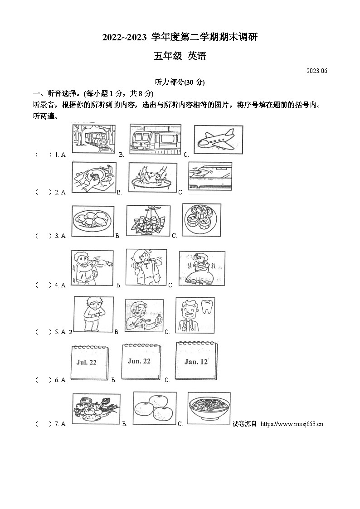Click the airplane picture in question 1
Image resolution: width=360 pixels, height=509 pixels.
coord(218,139)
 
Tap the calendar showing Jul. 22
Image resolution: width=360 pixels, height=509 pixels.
coord(90,363)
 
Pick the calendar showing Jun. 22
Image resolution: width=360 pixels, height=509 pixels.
coord(139,361)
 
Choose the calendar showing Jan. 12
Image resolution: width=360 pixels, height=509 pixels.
coord(196,361)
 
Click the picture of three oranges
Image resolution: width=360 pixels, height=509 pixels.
coord(155,408)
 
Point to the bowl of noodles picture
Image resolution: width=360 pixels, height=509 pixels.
coord(209,408)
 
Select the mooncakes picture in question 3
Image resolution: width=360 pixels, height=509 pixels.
coord(201,219)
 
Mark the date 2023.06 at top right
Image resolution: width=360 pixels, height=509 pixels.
coord(316,71)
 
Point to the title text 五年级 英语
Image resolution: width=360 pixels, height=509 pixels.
coord(180,56)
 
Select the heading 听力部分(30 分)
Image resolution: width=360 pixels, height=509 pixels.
coord(180,82)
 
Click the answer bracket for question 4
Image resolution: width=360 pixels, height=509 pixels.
coord(44,285)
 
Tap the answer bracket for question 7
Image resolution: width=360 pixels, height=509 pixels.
coord(44,424)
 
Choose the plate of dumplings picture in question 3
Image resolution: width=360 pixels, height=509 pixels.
coord(93,221)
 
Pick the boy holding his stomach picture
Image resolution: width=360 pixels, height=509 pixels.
coord(93,314)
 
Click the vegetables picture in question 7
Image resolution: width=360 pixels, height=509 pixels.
coord(96,408)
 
